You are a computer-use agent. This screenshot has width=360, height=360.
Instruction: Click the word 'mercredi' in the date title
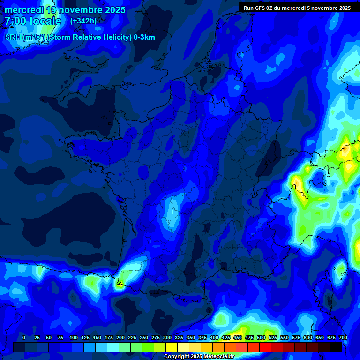coord(23,10)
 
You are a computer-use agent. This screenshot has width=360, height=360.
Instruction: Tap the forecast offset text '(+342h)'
coord(83,21)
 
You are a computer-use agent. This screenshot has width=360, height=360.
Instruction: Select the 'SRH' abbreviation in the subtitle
coord(13,37)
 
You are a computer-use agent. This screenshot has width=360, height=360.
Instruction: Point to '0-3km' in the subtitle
coord(144,37)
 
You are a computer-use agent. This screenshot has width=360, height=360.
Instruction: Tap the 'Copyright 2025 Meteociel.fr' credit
coord(198,356)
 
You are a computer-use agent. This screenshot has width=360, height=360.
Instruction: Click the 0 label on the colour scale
coord(24,338)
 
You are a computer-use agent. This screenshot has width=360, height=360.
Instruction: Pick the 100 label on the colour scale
coord(74,338)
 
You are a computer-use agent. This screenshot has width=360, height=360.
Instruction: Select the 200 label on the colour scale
coord(120,338)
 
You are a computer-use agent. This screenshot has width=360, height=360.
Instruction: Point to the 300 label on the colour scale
coord(167,338)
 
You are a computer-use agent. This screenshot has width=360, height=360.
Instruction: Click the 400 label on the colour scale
coord(214,338)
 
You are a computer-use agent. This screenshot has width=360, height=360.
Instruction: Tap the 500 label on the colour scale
coord(261,338)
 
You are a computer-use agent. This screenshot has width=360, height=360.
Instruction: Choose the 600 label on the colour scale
coord(308,338)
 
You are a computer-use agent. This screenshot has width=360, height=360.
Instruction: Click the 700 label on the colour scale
coord(343,338)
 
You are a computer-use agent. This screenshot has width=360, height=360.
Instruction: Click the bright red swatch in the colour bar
coord(265,347)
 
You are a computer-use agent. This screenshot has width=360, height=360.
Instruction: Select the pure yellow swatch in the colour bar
coord(172,347)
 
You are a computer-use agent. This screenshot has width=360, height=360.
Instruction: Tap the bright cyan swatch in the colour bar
coord(113,347)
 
